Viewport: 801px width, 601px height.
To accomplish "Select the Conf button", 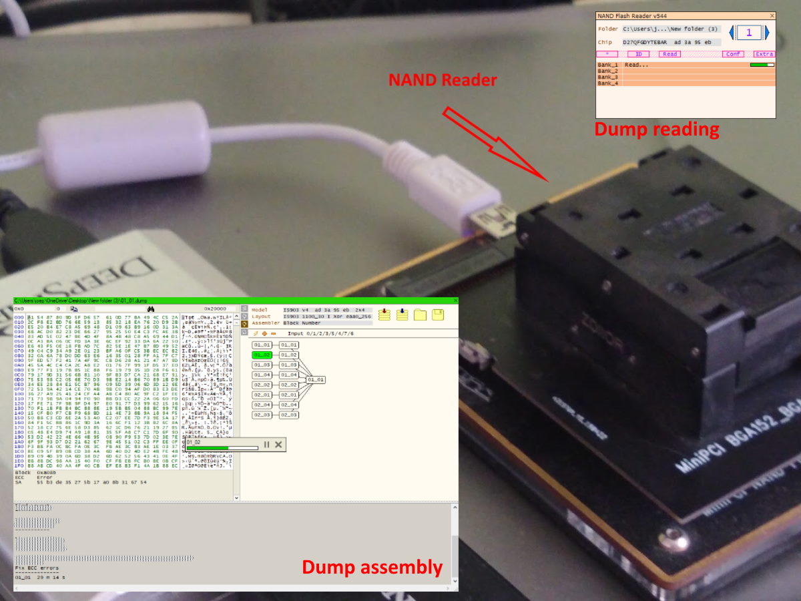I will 733,54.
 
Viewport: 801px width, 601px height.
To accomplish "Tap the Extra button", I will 764,54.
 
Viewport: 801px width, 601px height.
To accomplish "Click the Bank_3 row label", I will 608,77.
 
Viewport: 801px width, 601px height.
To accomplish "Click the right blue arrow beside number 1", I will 767,32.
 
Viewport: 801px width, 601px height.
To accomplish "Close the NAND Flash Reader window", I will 772,15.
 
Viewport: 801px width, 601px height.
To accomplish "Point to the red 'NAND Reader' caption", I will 443,80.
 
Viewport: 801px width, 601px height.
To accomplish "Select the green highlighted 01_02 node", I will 262,355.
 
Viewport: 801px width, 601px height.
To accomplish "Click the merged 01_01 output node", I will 316,379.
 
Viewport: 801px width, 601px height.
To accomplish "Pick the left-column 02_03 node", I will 262,415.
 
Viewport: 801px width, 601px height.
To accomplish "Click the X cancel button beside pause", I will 278,444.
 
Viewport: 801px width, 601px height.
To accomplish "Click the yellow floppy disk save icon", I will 438,315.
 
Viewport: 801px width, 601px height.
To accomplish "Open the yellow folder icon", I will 420,315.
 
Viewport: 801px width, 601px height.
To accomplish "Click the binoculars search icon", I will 152,309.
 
